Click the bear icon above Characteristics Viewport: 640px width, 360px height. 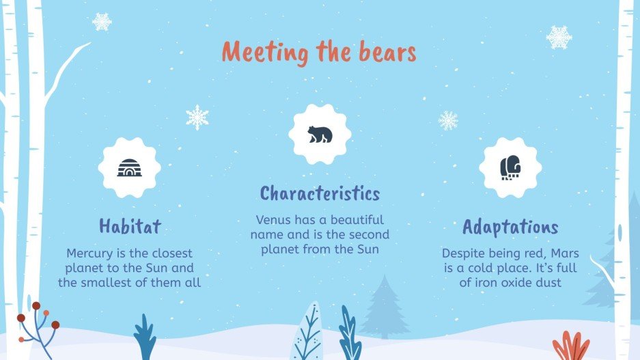pos(319,134)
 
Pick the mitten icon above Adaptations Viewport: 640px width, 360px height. pos(510,167)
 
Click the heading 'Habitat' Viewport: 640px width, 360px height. pos(129,225)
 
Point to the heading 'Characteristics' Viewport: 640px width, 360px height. pos(320,193)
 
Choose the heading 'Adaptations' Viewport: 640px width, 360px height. pos(510,227)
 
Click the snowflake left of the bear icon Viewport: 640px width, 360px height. pos(197,117)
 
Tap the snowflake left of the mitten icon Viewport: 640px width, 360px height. pos(448,121)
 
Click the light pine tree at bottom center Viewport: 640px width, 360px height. pos(385,307)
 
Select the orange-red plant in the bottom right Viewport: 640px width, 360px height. pos(570,346)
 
